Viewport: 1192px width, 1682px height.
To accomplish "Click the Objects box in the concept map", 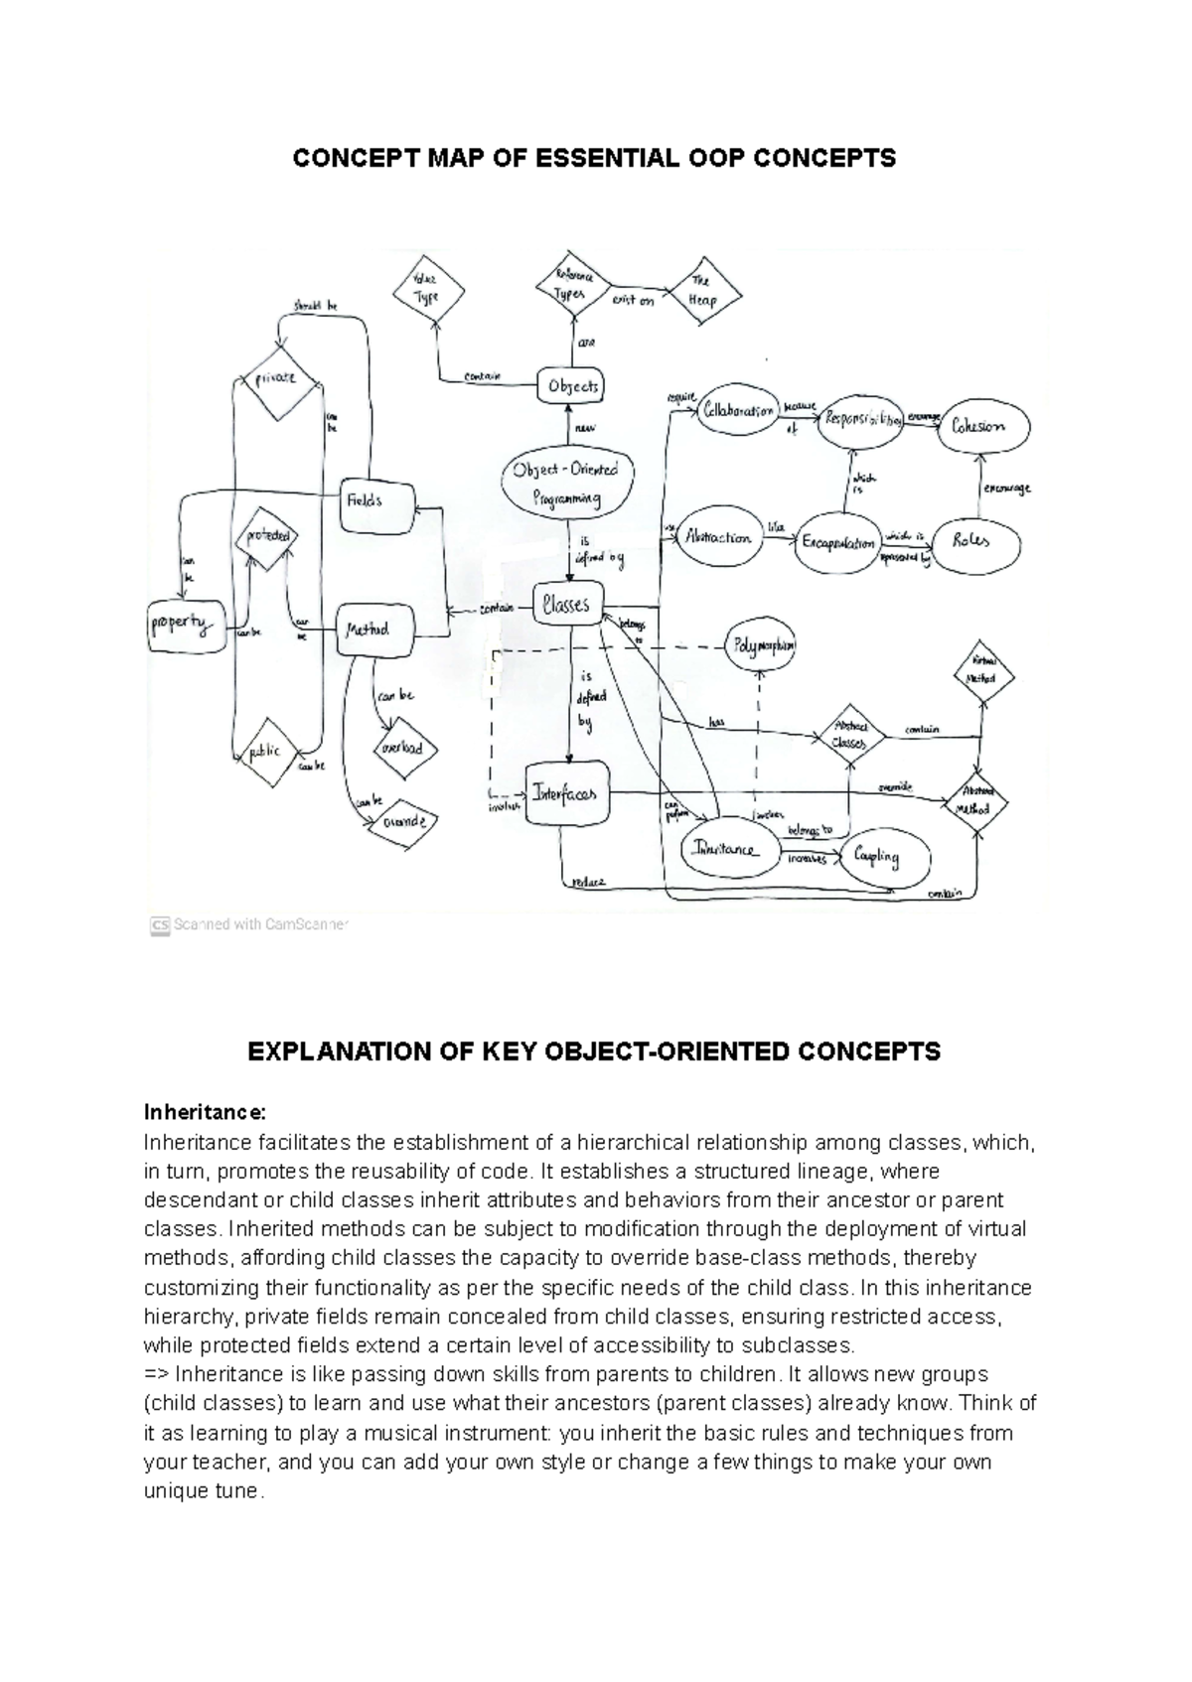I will click(x=572, y=386).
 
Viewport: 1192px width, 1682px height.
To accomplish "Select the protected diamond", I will click(x=267, y=536).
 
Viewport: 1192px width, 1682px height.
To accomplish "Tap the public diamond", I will click(x=266, y=752).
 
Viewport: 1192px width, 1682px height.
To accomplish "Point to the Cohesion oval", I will click(x=978, y=427).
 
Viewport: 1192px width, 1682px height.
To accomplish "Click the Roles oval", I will click(x=969, y=542).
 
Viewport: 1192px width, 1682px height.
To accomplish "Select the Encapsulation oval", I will click(x=839, y=542).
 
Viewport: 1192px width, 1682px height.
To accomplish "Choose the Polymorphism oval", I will click(x=762, y=645).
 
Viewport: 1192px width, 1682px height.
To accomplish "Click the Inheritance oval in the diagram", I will click(x=727, y=850).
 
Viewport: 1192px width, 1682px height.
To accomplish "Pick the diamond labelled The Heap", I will click(x=703, y=291).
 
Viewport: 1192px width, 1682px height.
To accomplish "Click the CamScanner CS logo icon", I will click(x=160, y=925).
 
